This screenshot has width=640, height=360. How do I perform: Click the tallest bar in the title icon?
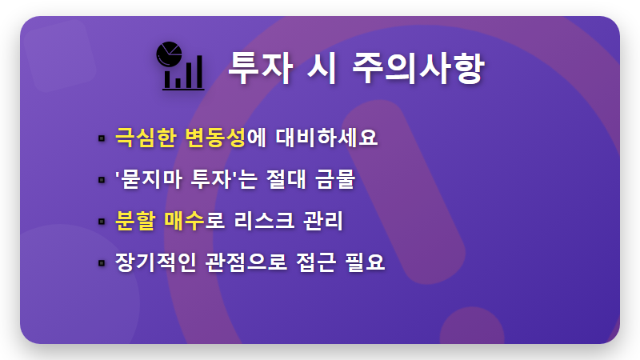[197, 72]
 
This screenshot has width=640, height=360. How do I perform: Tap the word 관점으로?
[242, 262]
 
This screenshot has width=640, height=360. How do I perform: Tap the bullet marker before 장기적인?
[102, 262]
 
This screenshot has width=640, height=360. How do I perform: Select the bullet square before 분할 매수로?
[102, 221]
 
